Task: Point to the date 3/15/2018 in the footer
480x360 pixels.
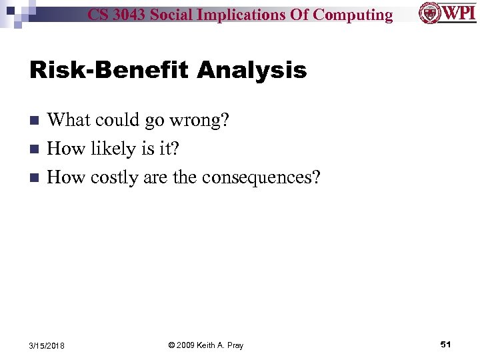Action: click(47, 345)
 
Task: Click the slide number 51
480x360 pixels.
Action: click(446, 344)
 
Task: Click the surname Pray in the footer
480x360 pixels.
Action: click(235, 345)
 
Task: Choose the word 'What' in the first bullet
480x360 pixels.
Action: click(69, 120)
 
